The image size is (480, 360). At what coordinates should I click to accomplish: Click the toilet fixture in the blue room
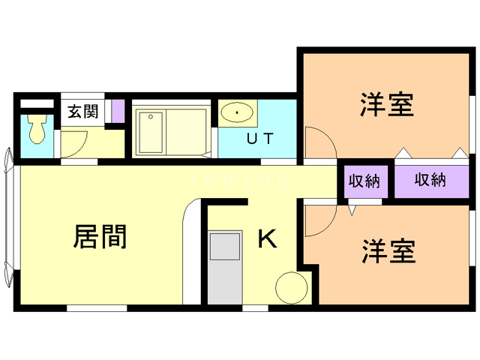coord(37,132)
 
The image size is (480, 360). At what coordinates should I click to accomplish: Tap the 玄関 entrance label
coord(82,112)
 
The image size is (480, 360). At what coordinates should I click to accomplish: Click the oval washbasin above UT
coord(237,114)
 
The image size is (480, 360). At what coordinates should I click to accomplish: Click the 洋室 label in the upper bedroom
coord(387,105)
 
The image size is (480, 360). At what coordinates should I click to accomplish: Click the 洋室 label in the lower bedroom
coord(388,251)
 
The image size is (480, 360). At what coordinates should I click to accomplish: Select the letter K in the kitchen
coord(268,238)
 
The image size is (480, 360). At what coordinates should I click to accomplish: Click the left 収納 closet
coord(363,181)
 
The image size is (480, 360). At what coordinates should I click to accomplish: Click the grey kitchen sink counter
coord(224,267)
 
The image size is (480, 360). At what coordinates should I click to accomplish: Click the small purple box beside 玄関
coord(117,110)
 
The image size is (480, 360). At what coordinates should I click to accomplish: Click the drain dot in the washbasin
coord(238,114)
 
